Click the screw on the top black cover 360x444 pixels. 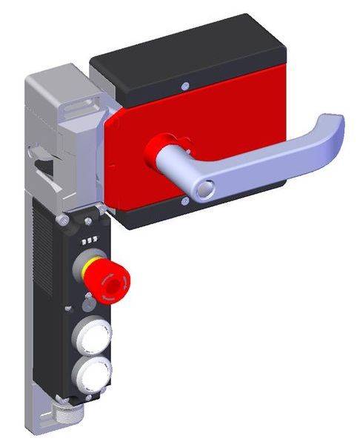click(x=183, y=87)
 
